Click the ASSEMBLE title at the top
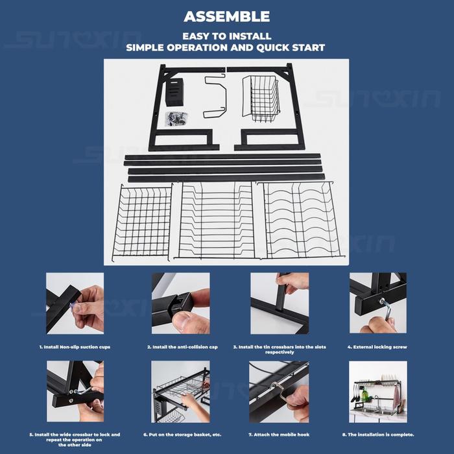pyautogui.click(x=227, y=16)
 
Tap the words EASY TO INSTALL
pyautogui.click(x=227, y=36)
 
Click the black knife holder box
pyautogui.click(x=174, y=92)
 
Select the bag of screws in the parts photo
pyautogui.click(x=176, y=119)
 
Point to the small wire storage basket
pyautogui.click(x=261, y=99)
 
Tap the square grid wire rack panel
pyautogui.click(x=142, y=222)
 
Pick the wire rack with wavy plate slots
pyautogui.click(x=301, y=221)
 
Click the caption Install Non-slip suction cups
pyautogui.click(x=75, y=347)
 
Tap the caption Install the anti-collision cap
pyautogui.click(x=182, y=347)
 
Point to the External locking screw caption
pyautogui.click(x=377, y=347)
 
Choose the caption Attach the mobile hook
pyautogui.click(x=279, y=435)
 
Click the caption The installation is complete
pyautogui.click(x=378, y=435)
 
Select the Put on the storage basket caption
pyautogui.click(x=182, y=435)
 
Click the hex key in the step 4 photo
pyautogui.click(x=386, y=309)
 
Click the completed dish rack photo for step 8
pyautogui.click(x=378, y=392)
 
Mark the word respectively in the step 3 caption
pyautogui.click(x=280, y=352)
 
